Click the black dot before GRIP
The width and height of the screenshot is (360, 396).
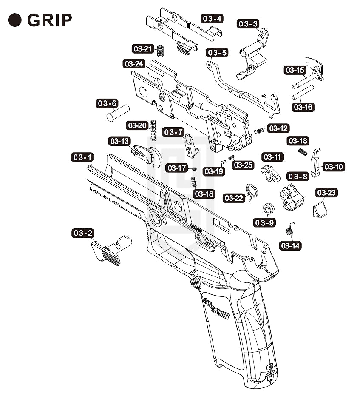click(x=15, y=20)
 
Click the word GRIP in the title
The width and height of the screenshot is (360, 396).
click(x=49, y=20)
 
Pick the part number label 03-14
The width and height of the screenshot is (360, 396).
click(x=291, y=245)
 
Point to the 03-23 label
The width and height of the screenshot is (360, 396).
click(x=326, y=193)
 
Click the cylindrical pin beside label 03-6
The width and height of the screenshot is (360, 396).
click(x=118, y=113)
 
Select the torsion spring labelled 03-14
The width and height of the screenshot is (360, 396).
click(x=289, y=230)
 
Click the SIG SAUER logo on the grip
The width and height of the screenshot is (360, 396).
click(x=217, y=308)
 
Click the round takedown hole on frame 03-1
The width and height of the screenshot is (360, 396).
click(x=155, y=219)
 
